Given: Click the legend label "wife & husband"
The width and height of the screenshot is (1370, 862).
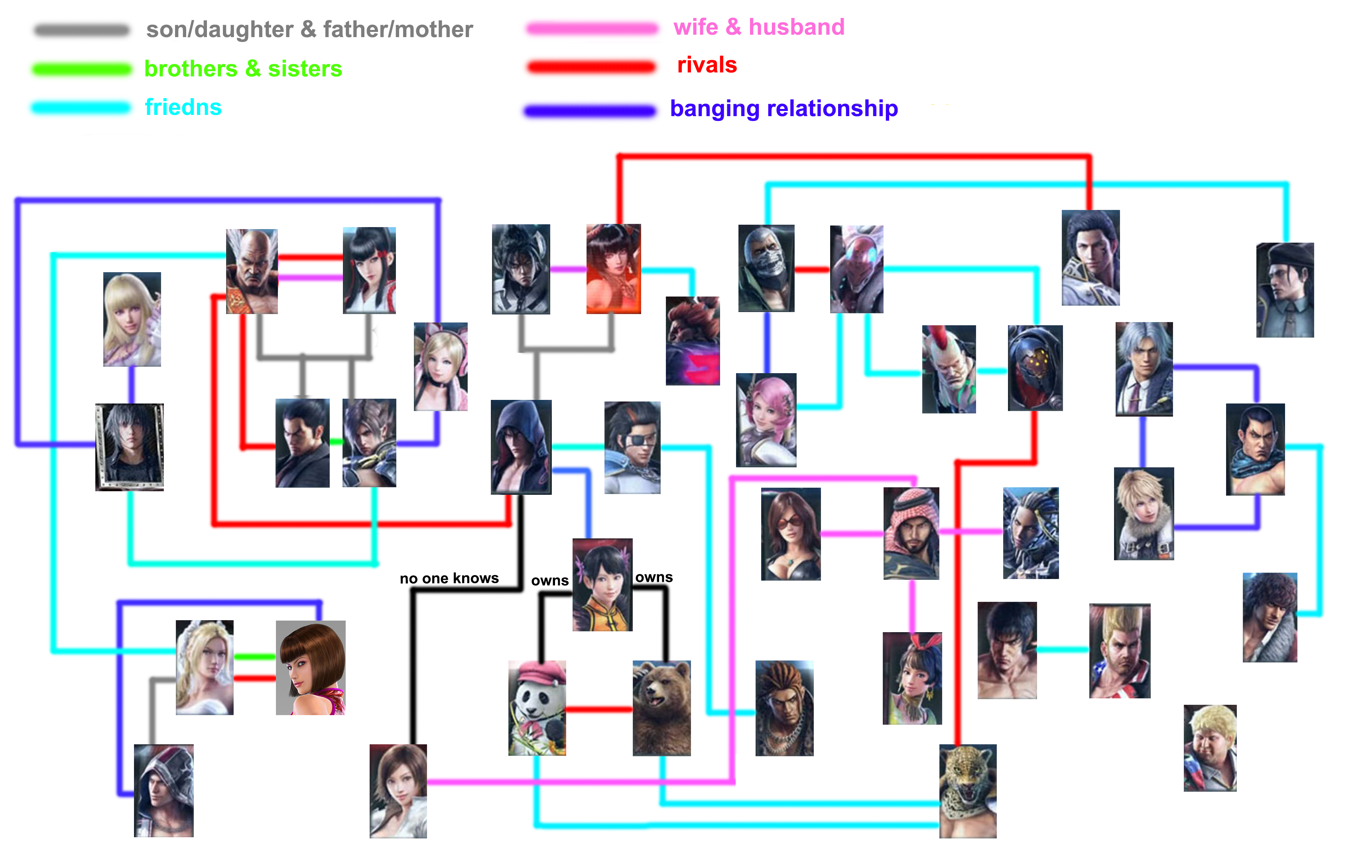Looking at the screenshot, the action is (759, 27).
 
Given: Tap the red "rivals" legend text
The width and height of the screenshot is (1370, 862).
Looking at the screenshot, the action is (707, 65).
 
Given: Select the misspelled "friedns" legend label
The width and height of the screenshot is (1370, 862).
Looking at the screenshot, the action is (183, 107).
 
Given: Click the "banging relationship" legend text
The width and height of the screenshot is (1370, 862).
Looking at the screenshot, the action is (784, 108).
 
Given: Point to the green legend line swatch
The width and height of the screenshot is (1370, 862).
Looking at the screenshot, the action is (82, 69).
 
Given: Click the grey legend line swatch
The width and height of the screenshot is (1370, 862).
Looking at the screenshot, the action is (82, 30).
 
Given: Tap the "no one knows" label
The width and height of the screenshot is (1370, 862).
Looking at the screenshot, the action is (449, 579).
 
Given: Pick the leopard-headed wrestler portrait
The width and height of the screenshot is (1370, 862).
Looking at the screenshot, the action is (968, 791).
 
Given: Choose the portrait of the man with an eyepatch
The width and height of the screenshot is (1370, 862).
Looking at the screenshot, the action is (632, 447).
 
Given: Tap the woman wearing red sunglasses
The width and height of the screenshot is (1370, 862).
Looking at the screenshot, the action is (791, 534).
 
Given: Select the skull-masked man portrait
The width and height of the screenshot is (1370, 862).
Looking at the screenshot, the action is (766, 268).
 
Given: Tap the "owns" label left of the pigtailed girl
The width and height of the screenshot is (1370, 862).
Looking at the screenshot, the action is (549, 581).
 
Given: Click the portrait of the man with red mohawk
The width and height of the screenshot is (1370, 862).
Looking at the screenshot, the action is (949, 369).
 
